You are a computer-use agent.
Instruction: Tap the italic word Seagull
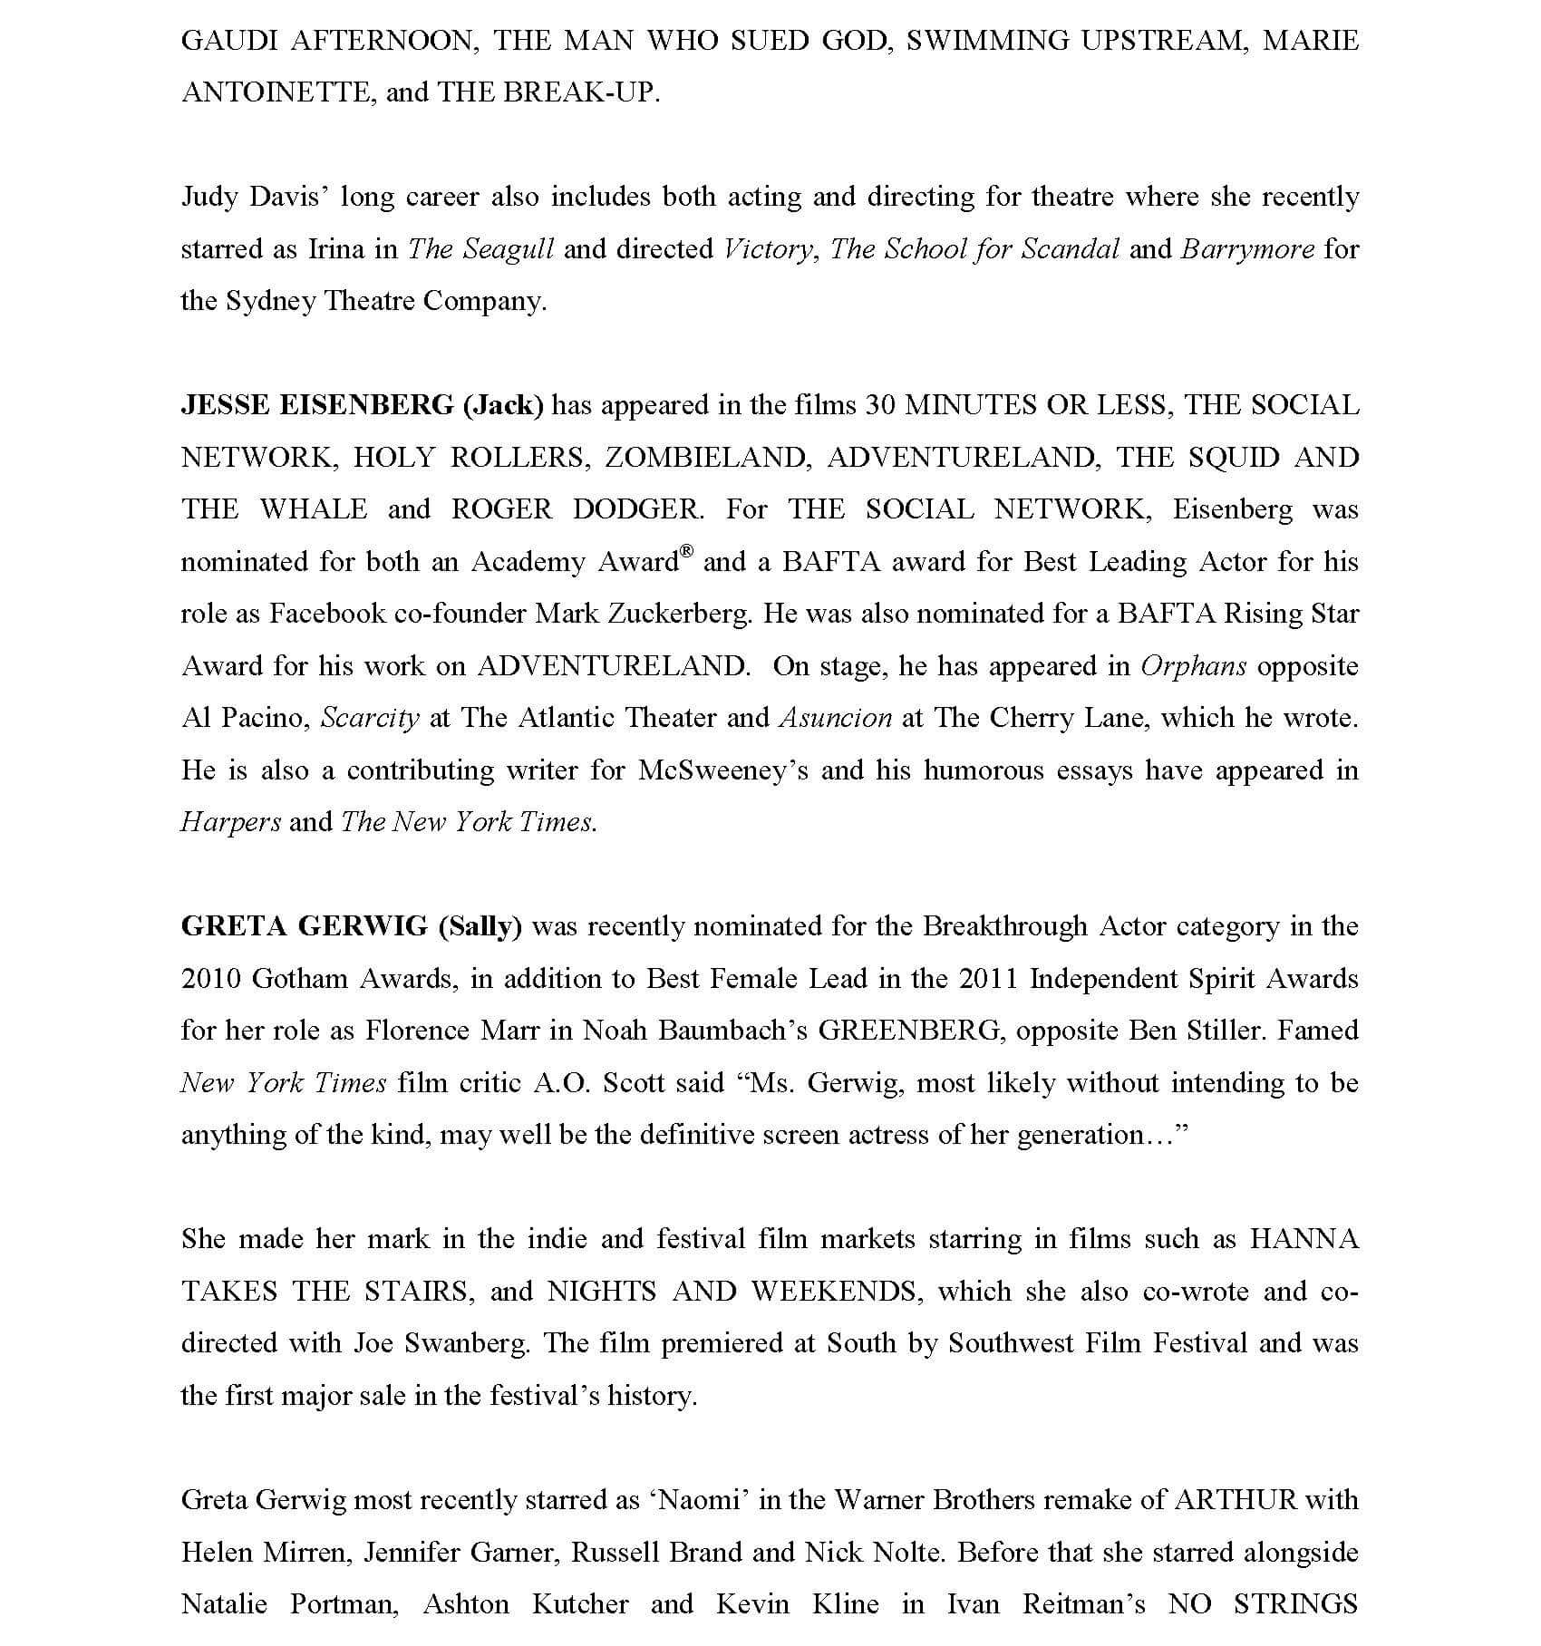point(508,249)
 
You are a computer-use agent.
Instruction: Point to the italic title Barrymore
point(1247,249)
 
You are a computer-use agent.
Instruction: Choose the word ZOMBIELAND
point(706,458)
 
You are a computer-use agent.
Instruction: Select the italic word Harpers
point(231,822)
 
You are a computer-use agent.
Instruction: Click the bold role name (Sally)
point(480,926)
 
